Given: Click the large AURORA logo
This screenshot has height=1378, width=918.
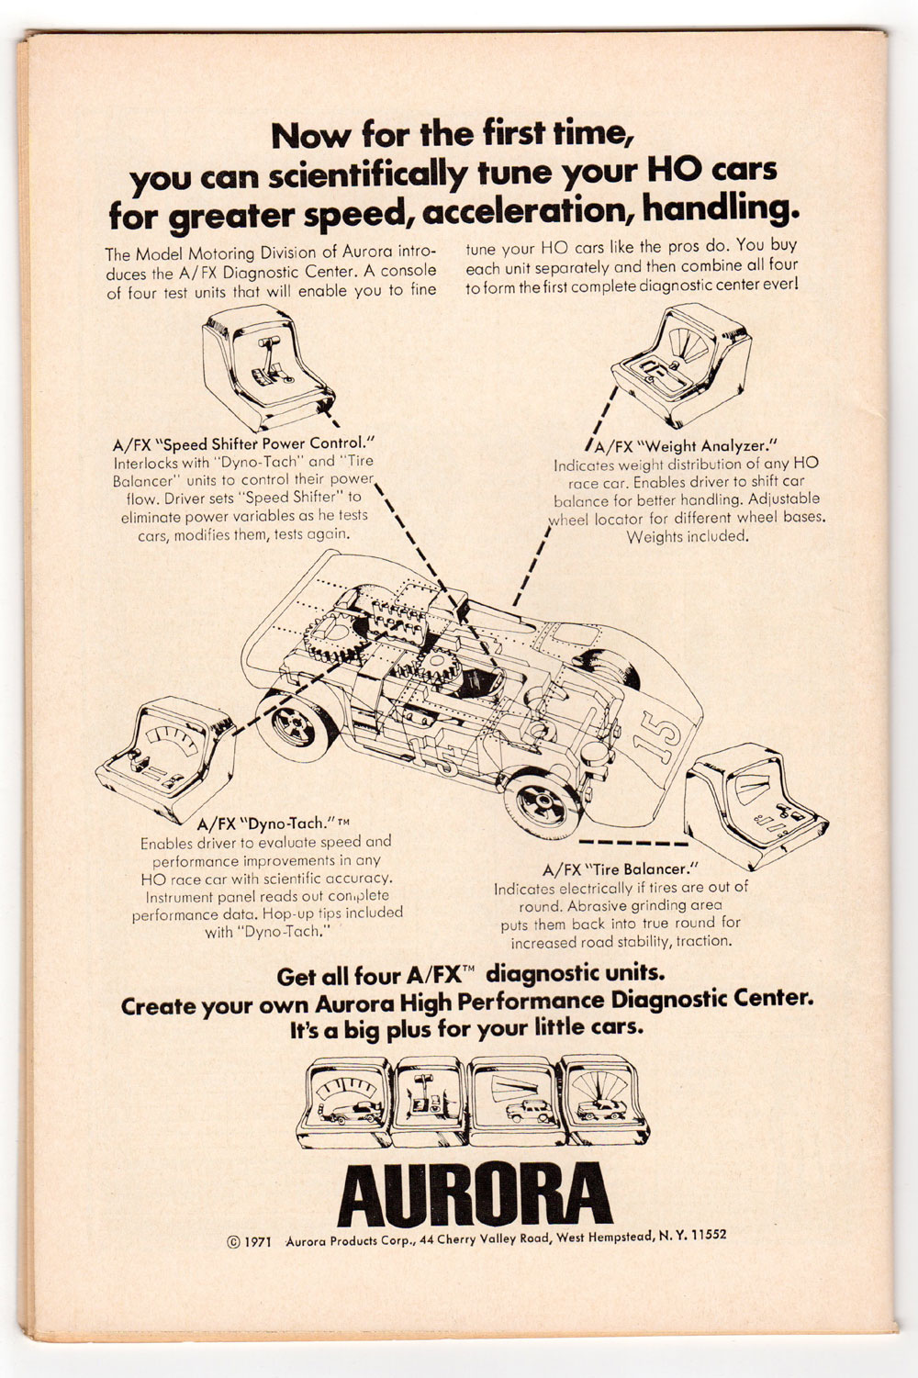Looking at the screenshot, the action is [x=475, y=1194].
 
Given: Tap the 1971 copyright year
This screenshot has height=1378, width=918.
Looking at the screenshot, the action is [x=258, y=1242].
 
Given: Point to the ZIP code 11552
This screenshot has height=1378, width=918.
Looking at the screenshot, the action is [x=709, y=1234].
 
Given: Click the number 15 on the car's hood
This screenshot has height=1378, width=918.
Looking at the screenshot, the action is [x=660, y=735].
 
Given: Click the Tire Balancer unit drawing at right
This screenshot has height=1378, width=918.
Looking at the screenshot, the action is [x=756, y=806].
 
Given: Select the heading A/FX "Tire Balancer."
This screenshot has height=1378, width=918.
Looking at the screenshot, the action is [x=621, y=869].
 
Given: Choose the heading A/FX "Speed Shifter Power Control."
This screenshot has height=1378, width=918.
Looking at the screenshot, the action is [x=243, y=443].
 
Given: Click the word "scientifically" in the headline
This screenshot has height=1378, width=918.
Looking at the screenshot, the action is [x=366, y=175].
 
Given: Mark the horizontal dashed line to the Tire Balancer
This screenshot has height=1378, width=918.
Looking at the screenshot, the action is [x=633, y=842].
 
